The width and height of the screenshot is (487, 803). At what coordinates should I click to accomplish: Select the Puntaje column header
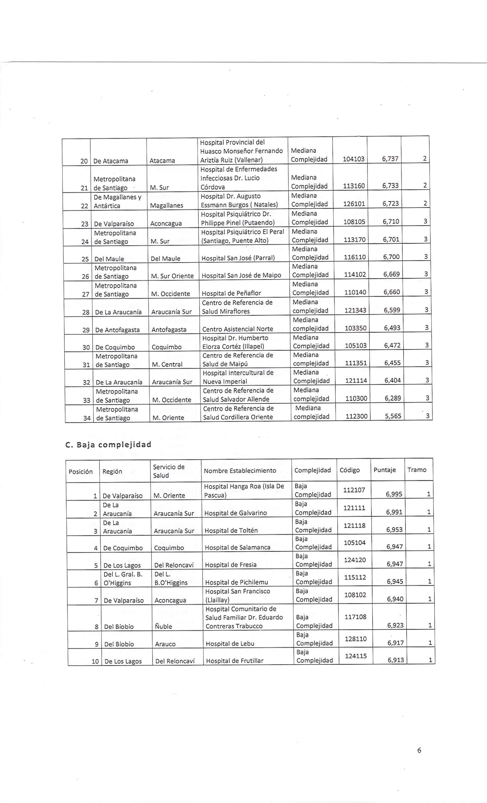tap(384, 470)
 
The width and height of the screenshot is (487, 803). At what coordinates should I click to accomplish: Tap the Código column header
tap(350, 470)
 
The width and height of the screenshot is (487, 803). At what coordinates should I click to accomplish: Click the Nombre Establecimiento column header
tap(240, 471)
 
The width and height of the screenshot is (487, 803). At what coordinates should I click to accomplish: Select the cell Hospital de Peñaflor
tap(231, 293)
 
